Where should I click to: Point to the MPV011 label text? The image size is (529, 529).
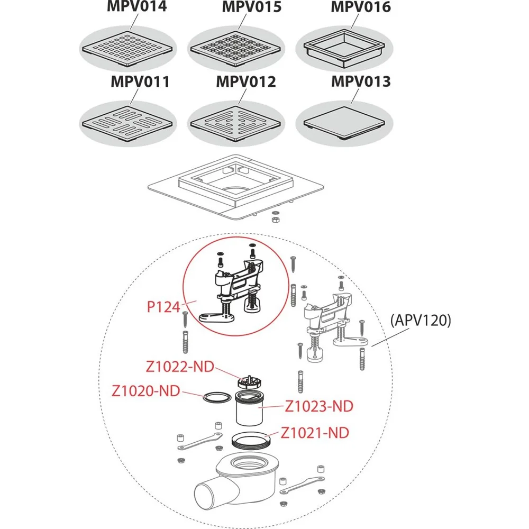tap(140, 83)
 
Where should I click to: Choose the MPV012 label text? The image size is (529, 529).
tap(246, 83)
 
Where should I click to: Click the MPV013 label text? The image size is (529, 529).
tap(361, 83)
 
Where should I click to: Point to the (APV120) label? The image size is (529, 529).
tap(421, 321)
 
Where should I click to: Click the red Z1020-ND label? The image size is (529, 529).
tap(145, 391)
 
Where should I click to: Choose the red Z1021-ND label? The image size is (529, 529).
tap(314, 433)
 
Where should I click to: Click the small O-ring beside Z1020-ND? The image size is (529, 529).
tap(216, 398)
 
